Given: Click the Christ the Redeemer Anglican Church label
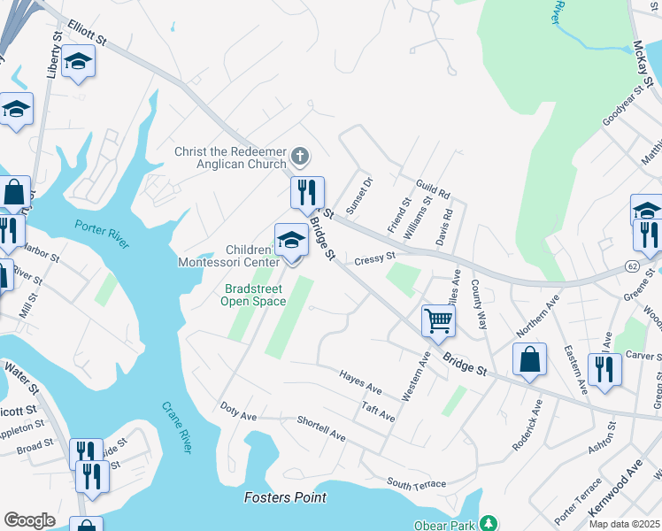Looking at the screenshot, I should (x=230, y=158).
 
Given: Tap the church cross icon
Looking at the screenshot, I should (x=300, y=158).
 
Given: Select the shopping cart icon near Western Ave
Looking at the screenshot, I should (x=438, y=320).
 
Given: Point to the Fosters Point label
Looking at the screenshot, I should (x=285, y=498).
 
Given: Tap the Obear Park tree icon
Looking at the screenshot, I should (x=486, y=523).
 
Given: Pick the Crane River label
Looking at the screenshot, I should (x=176, y=428).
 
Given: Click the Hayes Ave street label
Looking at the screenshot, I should (x=360, y=382).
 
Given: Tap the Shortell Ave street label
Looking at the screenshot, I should (x=320, y=428).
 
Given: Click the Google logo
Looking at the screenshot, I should (x=29, y=520).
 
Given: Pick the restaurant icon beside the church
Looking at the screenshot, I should (x=307, y=191).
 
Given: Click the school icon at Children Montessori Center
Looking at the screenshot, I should (x=290, y=239).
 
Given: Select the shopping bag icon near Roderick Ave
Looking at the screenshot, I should (x=529, y=359).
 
